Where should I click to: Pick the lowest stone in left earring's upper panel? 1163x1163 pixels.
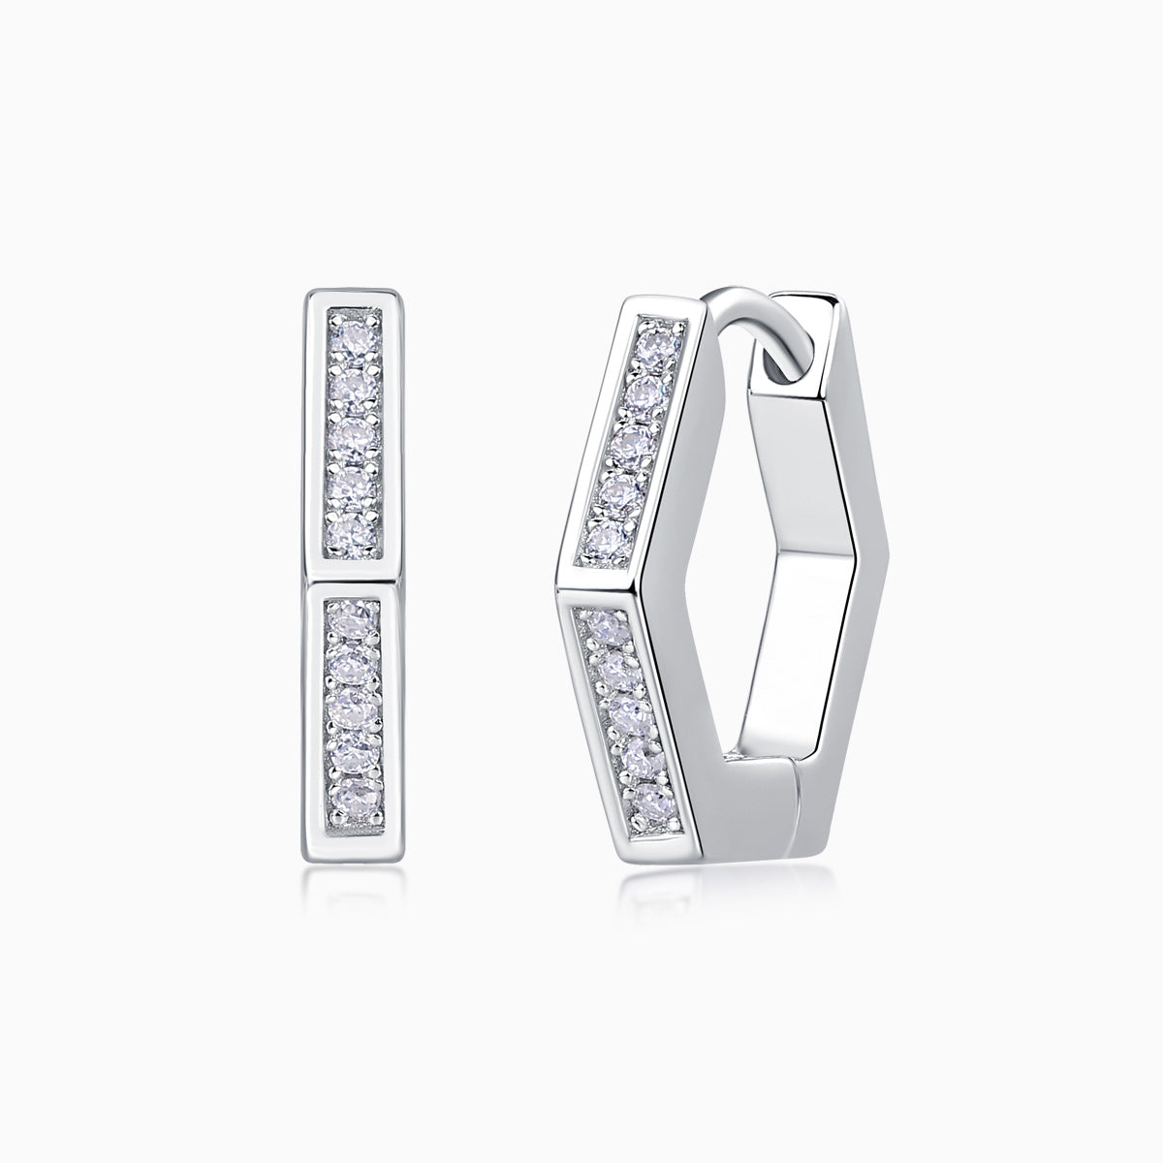[350, 532]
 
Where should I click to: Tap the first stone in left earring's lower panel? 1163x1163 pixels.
[350, 617]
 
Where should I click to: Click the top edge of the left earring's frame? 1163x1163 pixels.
[350, 294]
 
